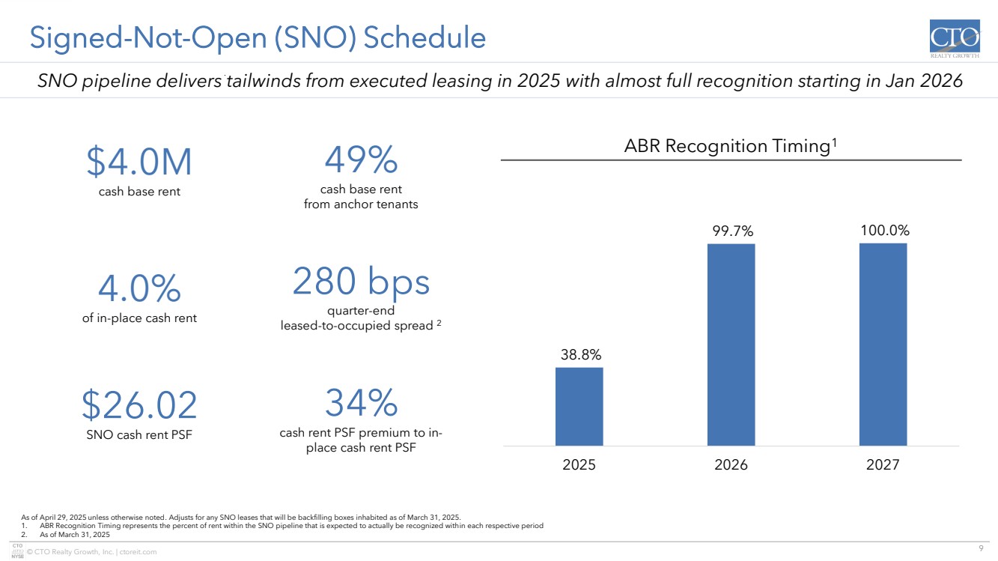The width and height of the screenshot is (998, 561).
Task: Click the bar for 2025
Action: click(579, 407)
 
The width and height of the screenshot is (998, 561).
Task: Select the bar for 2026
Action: click(731, 345)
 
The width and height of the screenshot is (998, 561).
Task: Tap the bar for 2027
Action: click(883, 344)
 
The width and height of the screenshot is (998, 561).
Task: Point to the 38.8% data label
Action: click(581, 355)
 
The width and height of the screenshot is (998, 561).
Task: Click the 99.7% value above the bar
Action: click(732, 231)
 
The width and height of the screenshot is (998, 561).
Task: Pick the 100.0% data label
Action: click(885, 231)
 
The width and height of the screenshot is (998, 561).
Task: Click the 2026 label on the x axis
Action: click(731, 464)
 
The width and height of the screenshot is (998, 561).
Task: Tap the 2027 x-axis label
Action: click(883, 464)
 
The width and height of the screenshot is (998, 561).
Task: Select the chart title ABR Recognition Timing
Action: click(731, 146)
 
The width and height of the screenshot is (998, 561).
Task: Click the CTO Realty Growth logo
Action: click(955, 39)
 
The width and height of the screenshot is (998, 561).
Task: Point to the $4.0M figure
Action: click(139, 161)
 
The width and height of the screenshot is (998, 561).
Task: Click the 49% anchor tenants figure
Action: click(361, 159)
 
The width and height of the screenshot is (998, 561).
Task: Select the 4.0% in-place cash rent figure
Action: click(139, 288)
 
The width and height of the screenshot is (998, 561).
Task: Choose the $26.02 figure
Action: click(139, 404)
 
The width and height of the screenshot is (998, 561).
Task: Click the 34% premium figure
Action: click(361, 402)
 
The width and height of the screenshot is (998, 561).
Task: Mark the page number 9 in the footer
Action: click(981, 548)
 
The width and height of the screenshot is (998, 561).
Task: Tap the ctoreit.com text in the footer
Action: click(138, 552)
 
